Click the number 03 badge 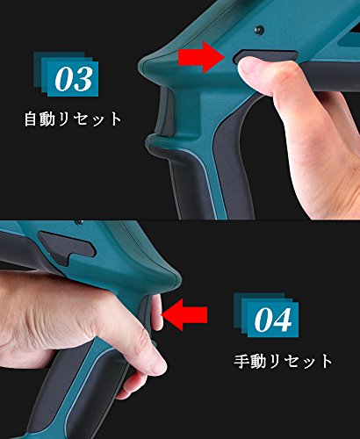66,75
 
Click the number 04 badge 266,315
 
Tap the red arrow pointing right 201,57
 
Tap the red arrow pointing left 184,315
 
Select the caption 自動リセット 73,119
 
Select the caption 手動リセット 283,362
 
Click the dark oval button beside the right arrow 265,56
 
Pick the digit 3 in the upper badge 83,79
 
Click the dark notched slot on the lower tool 68,247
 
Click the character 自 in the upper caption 32,119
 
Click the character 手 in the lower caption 241,362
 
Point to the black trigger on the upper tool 165,112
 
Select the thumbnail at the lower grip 159,363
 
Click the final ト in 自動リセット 115,119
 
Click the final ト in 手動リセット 326,362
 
